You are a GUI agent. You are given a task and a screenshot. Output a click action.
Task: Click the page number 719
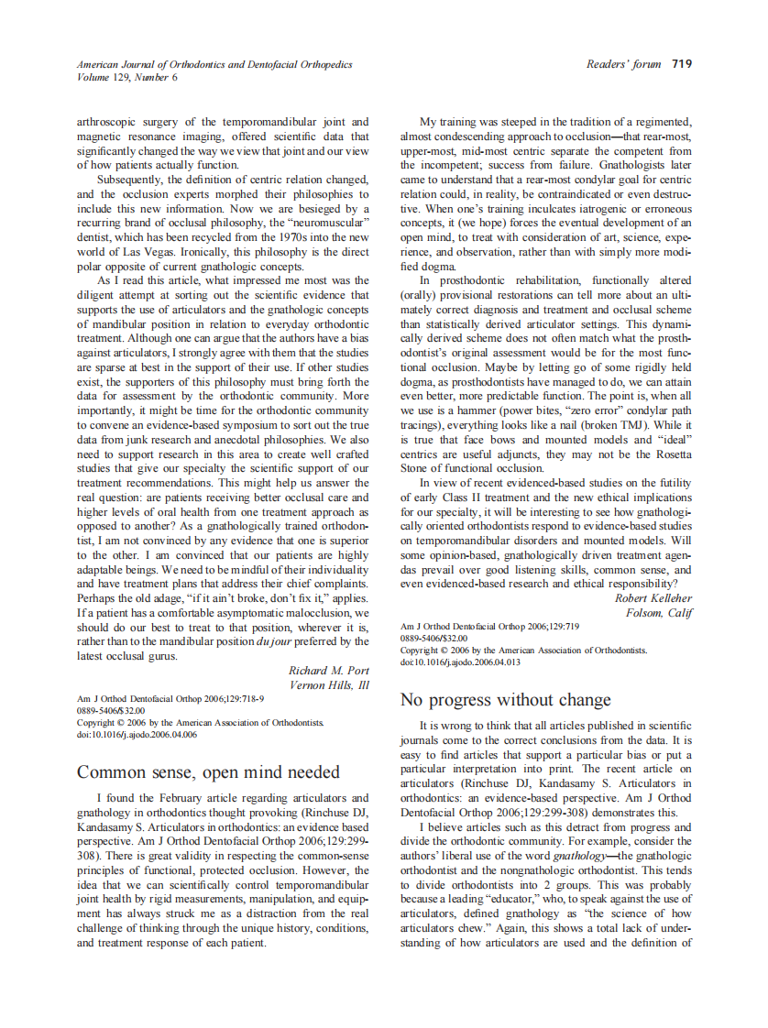pos(681,64)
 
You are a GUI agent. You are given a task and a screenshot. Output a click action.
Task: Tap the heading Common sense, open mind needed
pos(208,771)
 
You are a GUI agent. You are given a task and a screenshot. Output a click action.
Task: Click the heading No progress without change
pos(506,700)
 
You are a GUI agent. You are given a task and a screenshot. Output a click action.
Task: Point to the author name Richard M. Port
pos(329,671)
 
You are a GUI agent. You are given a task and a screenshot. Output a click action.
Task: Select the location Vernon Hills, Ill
pos(329,684)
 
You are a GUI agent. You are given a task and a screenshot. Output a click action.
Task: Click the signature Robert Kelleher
pos(653,598)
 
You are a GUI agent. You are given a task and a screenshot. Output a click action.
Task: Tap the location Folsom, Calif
pos(658,612)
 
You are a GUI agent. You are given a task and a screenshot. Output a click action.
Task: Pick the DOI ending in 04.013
pos(460,662)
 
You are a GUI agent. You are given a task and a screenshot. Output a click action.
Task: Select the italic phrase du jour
pos(273,641)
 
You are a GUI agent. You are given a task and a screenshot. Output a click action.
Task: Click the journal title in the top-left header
pos(214,64)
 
